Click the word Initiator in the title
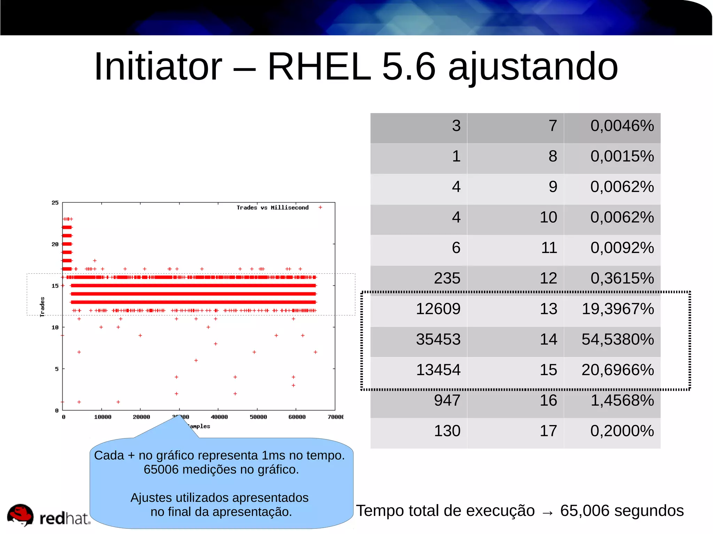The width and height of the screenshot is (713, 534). click(158, 66)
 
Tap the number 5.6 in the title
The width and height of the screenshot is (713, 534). click(409, 66)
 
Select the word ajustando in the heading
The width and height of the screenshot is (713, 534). click(533, 67)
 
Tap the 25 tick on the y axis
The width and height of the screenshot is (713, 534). click(55, 202)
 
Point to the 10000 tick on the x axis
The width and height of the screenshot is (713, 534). click(103, 417)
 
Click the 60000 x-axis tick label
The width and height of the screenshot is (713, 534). click(297, 417)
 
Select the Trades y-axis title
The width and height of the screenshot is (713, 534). click(42, 306)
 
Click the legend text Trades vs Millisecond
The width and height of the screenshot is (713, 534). click(273, 208)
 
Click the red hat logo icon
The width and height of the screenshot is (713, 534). click(20, 515)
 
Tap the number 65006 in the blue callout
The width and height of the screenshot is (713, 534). click(161, 470)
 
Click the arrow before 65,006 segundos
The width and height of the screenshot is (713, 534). click(547, 512)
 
